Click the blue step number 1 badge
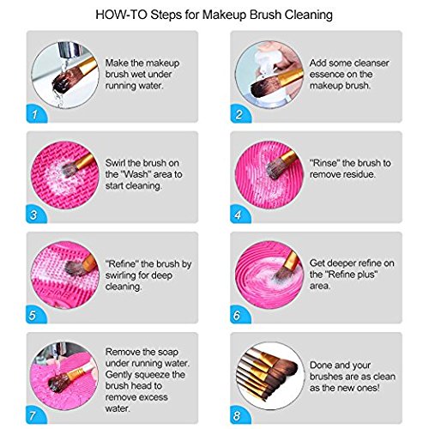(x=36, y=113)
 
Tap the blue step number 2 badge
(x=240, y=113)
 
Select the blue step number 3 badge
(x=36, y=214)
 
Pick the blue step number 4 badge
(x=240, y=214)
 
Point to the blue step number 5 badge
(x=36, y=314)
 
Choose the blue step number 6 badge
(x=240, y=314)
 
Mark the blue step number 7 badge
(x=36, y=414)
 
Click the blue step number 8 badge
(x=240, y=414)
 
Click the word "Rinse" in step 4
(x=324, y=163)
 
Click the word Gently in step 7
(x=118, y=375)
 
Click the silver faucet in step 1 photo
(x=66, y=51)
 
